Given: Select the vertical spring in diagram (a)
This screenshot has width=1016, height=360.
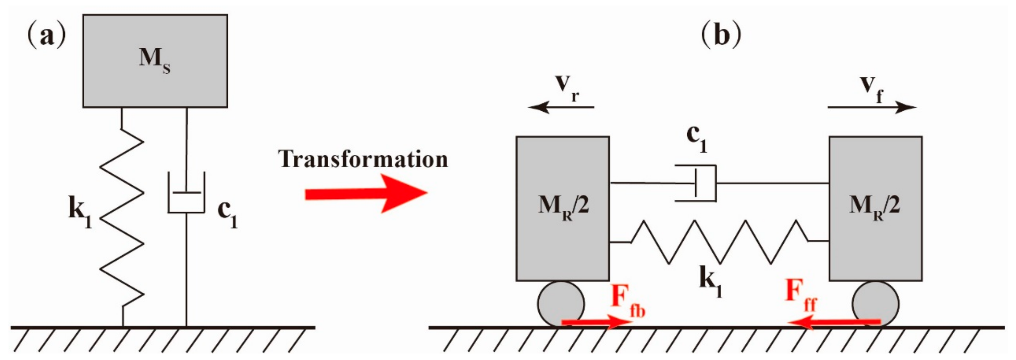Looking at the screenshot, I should click(121, 217).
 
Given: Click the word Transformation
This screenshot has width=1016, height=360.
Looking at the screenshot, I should click(363, 160).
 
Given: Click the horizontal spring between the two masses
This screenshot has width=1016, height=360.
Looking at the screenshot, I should click(719, 241).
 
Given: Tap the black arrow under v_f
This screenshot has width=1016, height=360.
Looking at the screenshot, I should click(872, 107).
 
